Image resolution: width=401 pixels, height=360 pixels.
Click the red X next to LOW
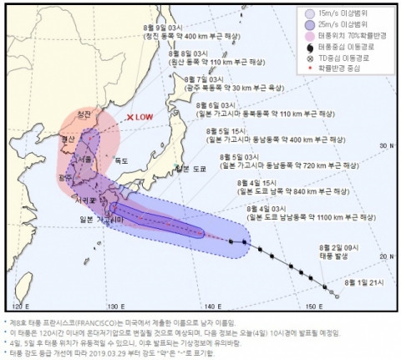tap(129, 119)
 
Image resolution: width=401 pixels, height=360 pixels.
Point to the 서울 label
tap(84, 158)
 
